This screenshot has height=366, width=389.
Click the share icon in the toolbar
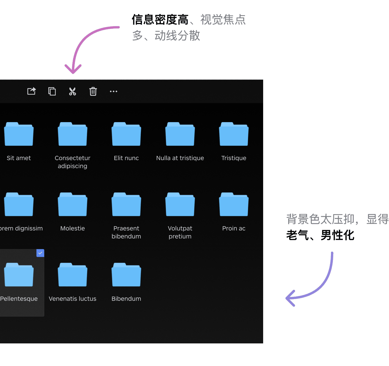pos(31,91)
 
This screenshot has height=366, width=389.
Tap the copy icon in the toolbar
pos(52,91)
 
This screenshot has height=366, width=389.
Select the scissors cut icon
pos(72,91)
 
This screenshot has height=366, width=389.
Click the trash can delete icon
pos(93,91)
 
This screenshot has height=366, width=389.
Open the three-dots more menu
pos(113,91)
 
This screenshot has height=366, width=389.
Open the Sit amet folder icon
pos(19,134)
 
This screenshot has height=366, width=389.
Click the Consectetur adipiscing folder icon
pos(72,134)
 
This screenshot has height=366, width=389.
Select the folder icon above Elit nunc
pos(126,134)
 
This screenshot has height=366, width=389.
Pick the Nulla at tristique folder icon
pos(180,134)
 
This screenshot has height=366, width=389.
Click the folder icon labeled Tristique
pos(234,134)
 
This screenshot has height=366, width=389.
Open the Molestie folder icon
pos(72,204)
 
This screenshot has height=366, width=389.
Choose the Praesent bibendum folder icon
pos(126,204)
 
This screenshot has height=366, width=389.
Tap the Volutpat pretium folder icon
pos(180,204)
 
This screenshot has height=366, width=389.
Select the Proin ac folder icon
pos(234,204)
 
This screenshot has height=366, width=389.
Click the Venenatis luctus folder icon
pos(72,274)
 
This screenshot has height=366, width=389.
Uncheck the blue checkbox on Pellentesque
pos(40,253)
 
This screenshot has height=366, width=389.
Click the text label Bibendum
pos(126,299)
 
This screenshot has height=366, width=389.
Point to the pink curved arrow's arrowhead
pos(73,69)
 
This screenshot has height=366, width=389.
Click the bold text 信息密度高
pos(160,19)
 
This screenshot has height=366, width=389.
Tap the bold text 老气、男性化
pos(320,235)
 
